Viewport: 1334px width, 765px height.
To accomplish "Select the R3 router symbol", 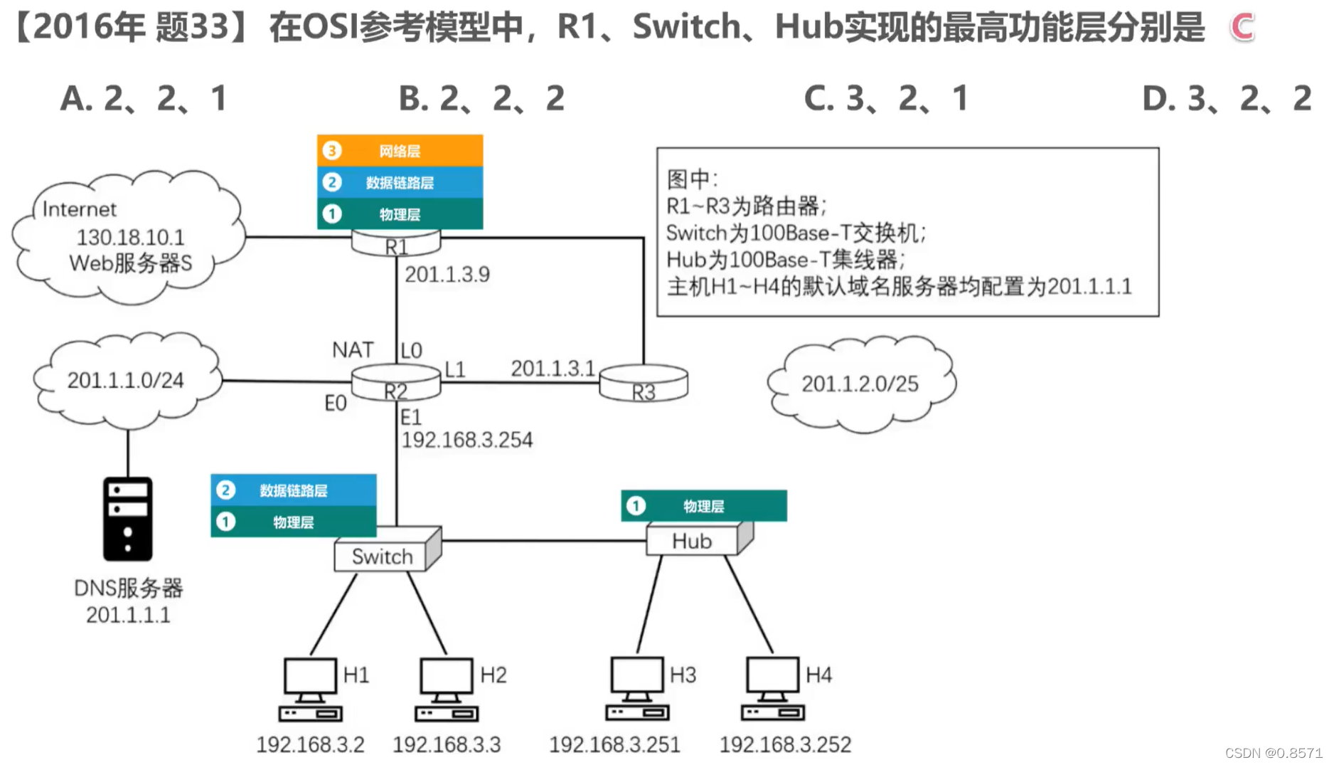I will click(644, 384).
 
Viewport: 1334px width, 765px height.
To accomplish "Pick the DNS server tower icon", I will click(128, 519).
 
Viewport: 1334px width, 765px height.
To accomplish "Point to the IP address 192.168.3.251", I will click(614, 744).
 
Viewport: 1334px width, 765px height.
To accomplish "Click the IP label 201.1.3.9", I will click(447, 275).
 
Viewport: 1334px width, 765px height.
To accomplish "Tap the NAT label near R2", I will click(353, 349).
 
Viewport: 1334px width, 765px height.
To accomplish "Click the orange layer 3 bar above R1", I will click(400, 151).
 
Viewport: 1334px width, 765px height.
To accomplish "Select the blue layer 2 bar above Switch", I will click(293, 490).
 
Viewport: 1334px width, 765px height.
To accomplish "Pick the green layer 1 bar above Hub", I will click(703, 506).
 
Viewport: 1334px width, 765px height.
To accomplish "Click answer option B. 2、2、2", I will click(481, 98).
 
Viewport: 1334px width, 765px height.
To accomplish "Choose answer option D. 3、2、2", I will click(1226, 98).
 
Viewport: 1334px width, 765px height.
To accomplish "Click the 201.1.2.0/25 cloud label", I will click(860, 384).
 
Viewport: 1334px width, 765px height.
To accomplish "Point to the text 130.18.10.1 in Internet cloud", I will click(130, 237).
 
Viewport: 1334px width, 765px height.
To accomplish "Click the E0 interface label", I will click(336, 403).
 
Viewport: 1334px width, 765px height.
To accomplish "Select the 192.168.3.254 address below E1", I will click(467, 440).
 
